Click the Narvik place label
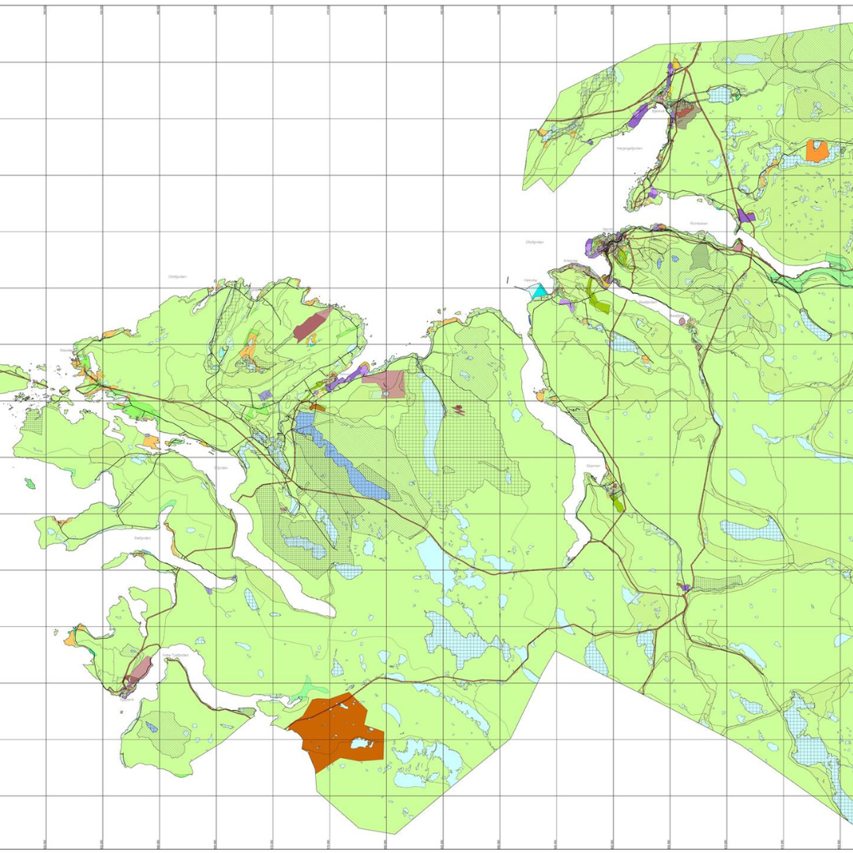607,229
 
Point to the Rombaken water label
698,223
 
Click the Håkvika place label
530,280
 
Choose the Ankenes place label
571,261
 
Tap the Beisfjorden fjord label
647,301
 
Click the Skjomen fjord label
592,466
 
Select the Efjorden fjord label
220,468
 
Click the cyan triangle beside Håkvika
539,291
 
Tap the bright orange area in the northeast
817,151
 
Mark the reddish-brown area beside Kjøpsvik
141,670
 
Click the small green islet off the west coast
30,483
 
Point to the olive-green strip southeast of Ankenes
599,296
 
